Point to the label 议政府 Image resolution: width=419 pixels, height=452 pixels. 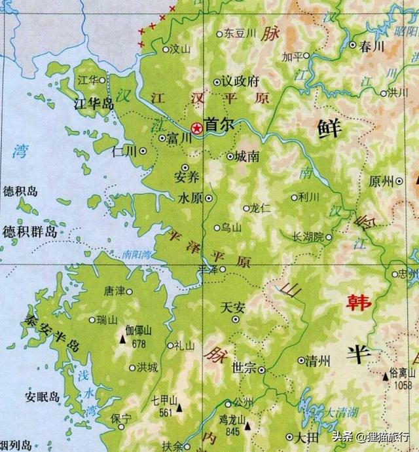(240, 82)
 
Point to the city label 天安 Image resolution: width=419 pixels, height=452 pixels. (233, 306)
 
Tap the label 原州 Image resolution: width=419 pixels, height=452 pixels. (383, 181)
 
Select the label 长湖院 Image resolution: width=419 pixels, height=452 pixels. (308, 236)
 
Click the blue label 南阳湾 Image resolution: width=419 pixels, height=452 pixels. (136, 254)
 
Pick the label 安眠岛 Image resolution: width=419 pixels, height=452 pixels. (43, 397)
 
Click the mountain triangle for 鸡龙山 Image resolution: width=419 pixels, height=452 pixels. (247, 426)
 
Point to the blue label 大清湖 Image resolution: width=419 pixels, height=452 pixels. (342, 413)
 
